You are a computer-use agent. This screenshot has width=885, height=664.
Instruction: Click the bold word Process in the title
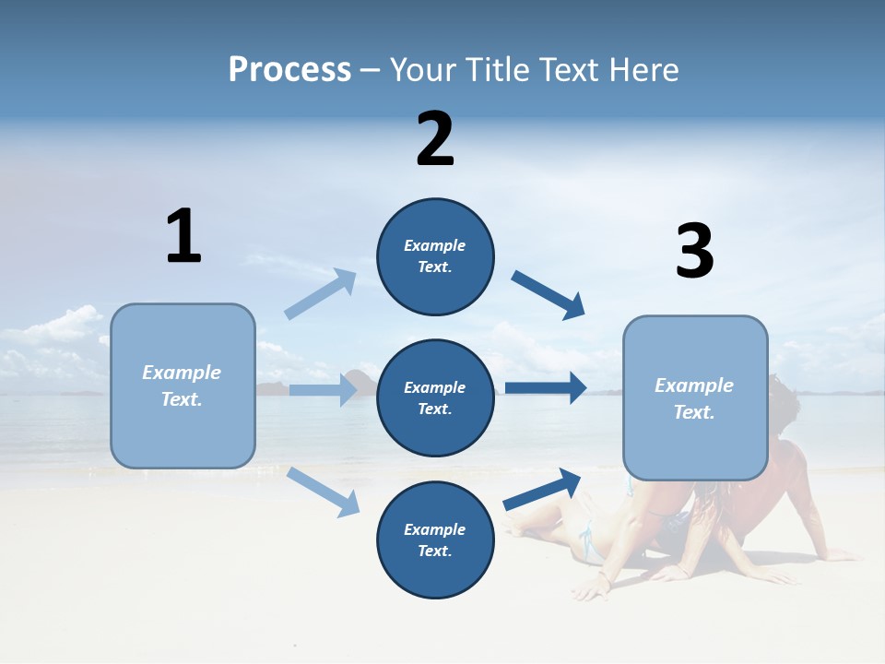[289, 69]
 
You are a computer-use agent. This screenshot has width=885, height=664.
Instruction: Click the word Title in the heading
[502, 69]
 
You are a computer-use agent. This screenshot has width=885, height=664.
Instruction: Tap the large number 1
[183, 236]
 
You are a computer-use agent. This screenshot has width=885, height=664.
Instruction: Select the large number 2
[435, 139]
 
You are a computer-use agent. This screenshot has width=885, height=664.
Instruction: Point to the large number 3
[694, 251]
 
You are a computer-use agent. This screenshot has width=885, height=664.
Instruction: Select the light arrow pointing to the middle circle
[324, 389]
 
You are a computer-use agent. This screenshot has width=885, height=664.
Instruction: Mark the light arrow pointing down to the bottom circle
[324, 492]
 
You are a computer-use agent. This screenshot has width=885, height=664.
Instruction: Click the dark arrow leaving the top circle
[549, 295]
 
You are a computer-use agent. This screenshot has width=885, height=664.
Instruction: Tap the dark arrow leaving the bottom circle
[542, 489]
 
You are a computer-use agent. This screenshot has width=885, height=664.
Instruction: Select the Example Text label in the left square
[182, 385]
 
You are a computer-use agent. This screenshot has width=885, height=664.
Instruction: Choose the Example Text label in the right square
[694, 398]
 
